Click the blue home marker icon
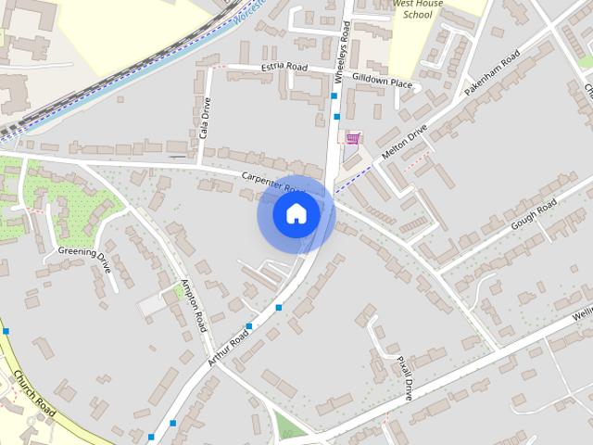(x=296, y=214)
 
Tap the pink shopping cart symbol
(x=352, y=138)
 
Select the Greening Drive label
(x=85, y=260)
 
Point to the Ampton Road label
(x=193, y=306)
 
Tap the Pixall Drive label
(x=404, y=376)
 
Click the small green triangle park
(x=289, y=427)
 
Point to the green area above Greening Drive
(x=65, y=199)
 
